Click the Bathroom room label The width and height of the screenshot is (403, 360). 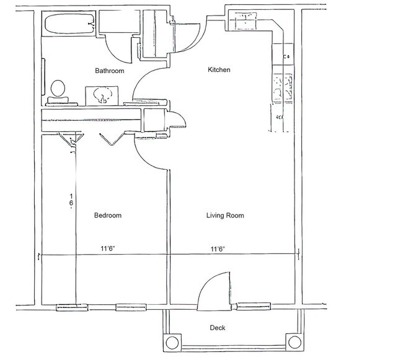(109, 71)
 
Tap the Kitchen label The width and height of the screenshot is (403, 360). (219, 70)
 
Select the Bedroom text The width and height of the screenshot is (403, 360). (107, 216)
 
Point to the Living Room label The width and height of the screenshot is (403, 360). (225, 216)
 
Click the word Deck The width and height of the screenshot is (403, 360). (218, 328)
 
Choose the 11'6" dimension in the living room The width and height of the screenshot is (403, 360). (217, 249)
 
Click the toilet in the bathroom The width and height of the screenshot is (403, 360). (58, 89)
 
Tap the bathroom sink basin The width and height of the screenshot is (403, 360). (100, 95)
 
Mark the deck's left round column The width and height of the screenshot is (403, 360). (172, 341)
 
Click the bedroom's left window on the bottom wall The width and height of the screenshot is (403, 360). (73, 306)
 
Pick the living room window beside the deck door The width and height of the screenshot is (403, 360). (254, 305)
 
